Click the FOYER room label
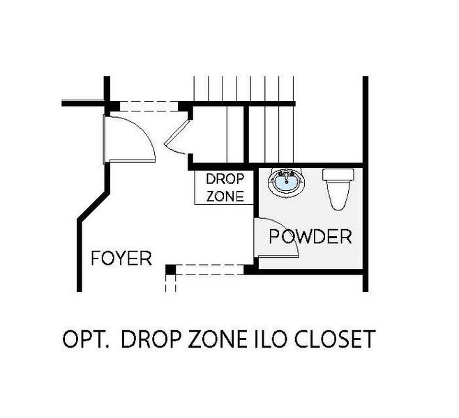(x=121, y=258)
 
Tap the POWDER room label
(x=310, y=236)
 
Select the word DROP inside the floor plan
(x=225, y=179)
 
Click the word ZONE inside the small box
(x=225, y=196)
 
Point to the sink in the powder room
(x=286, y=182)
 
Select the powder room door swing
(x=276, y=238)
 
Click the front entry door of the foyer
(x=130, y=139)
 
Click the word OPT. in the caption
(x=86, y=339)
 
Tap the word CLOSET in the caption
(x=334, y=339)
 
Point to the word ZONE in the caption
(x=217, y=339)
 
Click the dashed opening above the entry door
(x=149, y=106)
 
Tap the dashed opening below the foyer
(x=209, y=270)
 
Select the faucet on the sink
(x=286, y=176)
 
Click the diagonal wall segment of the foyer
(x=93, y=206)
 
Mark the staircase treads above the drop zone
(x=244, y=119)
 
